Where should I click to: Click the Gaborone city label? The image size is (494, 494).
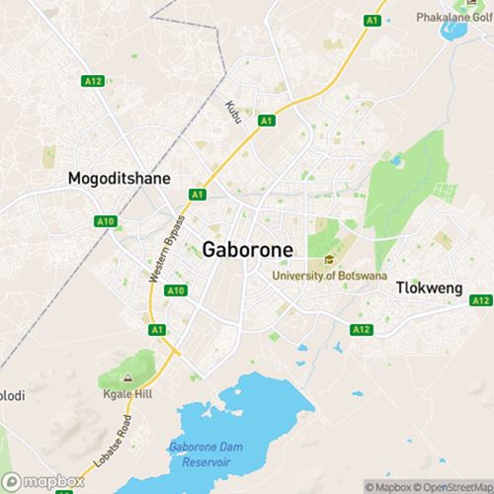(x=247, y=250)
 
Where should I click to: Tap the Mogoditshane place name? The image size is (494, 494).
(x=119, y=179)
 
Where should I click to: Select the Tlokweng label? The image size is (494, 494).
(x=430, y=288)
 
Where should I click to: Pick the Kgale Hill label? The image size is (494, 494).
(x=126, y=394)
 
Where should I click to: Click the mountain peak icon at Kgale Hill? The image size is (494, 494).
(x=126, y=378)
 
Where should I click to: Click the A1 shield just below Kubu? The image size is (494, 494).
(x=265, y=121)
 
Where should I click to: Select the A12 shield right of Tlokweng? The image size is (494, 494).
(x=480, y=299)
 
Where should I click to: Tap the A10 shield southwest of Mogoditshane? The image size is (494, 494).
(x=107, y=222)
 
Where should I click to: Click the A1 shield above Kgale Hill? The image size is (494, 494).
(x=156, y=329)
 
